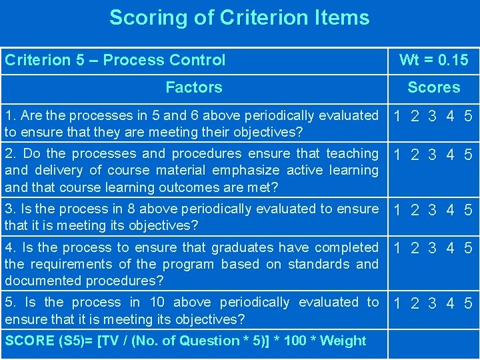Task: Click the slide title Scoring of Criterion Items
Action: (x=239, y=17)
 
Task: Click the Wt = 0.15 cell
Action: (x=433, y=60)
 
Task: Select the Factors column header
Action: (x=193, y=87)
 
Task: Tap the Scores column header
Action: (x=433, y=87)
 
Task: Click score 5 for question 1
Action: (x=469, y=117)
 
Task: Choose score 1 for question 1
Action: (x=397, y=117)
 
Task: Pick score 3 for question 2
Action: (x=433, y=155)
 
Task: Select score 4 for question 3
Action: (x=451, y=211)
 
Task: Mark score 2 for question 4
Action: (x=415, y=249)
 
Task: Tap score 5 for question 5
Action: (x=469, y=304)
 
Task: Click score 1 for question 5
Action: (x=397, y=304)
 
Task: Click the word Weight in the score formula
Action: (x=343, y=341)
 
